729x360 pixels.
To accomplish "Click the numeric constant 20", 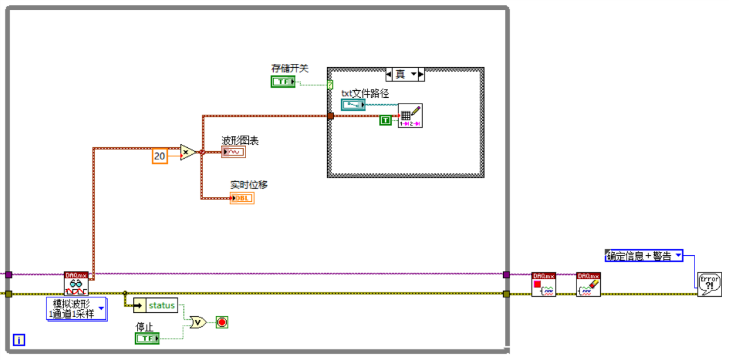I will [x=159, y=155].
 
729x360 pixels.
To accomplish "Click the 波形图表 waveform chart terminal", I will [x=233, y=152].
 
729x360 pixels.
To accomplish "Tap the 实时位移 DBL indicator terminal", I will [x=241, y=198].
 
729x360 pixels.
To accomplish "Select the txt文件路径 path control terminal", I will [x=353, y=105].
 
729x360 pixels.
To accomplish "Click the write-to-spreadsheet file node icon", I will [x=410, y=116].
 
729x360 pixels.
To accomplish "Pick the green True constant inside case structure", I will [x=385, y=120].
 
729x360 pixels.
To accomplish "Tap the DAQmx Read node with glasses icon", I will [x=76, y=284].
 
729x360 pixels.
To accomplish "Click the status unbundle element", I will [x=156, y=305].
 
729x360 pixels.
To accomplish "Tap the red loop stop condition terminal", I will [x=222, y=322].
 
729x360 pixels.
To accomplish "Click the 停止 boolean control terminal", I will [x=147, y=339].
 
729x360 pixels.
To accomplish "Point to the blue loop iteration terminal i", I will [x=19, y=340].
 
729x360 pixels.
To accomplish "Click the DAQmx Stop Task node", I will [x=543, y=284].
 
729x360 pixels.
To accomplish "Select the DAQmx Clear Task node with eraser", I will [x=589, y=284].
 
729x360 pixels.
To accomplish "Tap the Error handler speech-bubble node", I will [x=709, y=284].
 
